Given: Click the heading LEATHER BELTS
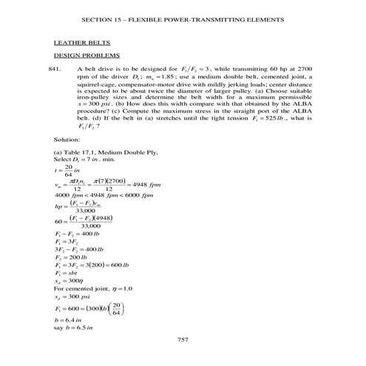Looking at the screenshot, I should point(76,42).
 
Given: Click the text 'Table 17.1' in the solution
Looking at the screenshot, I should point(79,152).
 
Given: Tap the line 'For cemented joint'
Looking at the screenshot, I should point(101,278).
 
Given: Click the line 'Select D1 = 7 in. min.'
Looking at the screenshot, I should point(85,160).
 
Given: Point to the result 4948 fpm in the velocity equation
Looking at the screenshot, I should point(141,184).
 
